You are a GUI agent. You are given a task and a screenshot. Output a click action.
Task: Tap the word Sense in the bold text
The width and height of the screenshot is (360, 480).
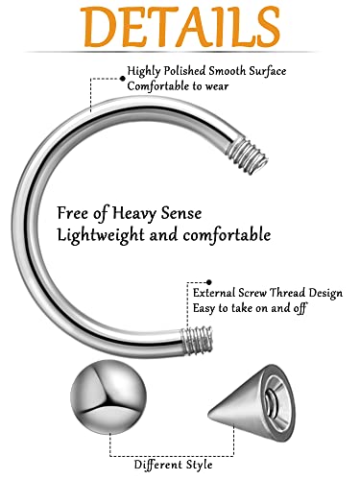pyautogui.click(x=215, y=211)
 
